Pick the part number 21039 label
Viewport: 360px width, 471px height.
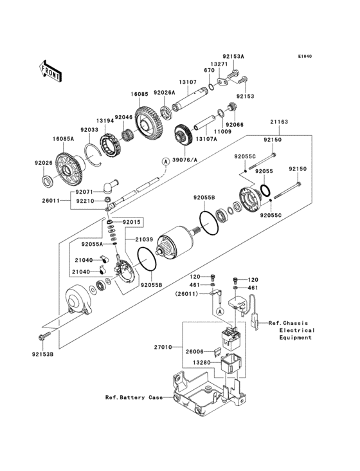tap(144, 239)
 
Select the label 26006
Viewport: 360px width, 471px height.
tap(194, 352)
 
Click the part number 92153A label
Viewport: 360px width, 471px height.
tap(234, 57)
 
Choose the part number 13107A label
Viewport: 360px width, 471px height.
tap(207, 138)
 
